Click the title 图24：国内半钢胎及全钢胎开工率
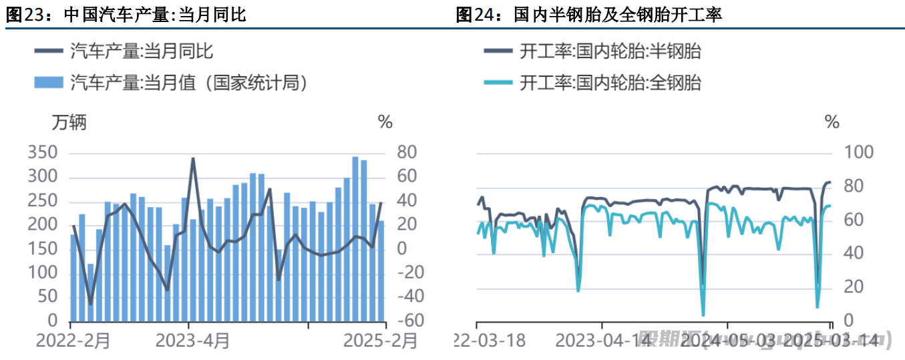tap(588, 15)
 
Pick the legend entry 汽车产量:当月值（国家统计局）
tap(188, 83)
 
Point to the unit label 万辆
tap(69, 122)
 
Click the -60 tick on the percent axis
tap(410, 321)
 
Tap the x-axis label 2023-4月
tap(192, 341)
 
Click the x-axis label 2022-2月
tap(73, 341)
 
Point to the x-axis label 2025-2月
tap(379, 341)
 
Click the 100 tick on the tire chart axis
tap(859, 153)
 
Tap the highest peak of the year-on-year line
tap(193, 159)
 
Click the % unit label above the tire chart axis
tap(832, 122)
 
